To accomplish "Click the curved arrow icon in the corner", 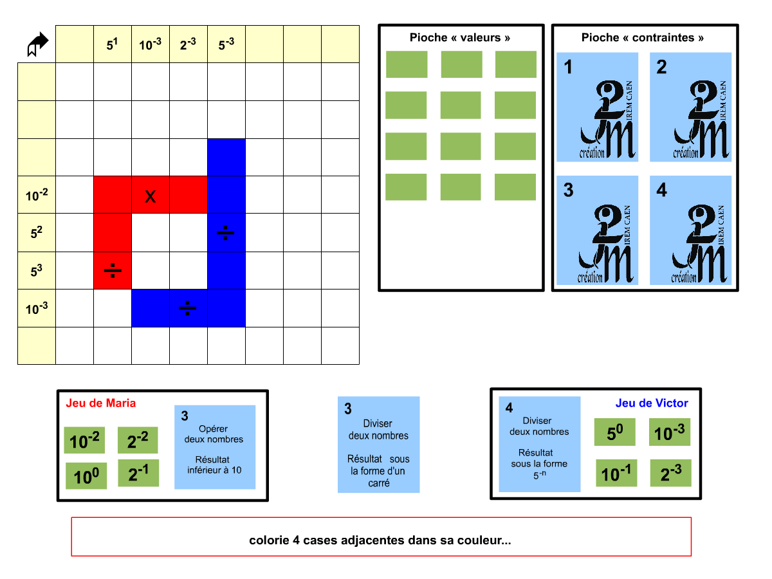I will point(38,44).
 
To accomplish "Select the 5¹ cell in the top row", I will point(113,44).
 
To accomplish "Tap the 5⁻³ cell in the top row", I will point(226,44).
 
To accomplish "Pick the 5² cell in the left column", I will point(37,232).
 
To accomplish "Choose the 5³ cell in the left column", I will point(37,270).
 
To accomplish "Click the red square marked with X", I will point(151,195).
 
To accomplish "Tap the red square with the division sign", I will point(113,270).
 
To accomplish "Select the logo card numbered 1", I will point(598,107).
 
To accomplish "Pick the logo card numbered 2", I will point(691,107).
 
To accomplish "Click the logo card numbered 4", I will point(691,230).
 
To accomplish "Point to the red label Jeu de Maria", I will point(101,403).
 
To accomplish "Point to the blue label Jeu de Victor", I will point(652,403).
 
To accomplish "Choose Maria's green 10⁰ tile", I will point(86,477).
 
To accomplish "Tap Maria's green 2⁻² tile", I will point(138,440).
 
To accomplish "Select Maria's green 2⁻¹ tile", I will point(138,473).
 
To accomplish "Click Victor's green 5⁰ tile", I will point(615,432).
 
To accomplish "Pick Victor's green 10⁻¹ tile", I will point(616,473).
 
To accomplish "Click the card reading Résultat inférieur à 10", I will point(215,447).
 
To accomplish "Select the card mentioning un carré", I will point(379,445).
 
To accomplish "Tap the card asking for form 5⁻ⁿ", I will point(540,444).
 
